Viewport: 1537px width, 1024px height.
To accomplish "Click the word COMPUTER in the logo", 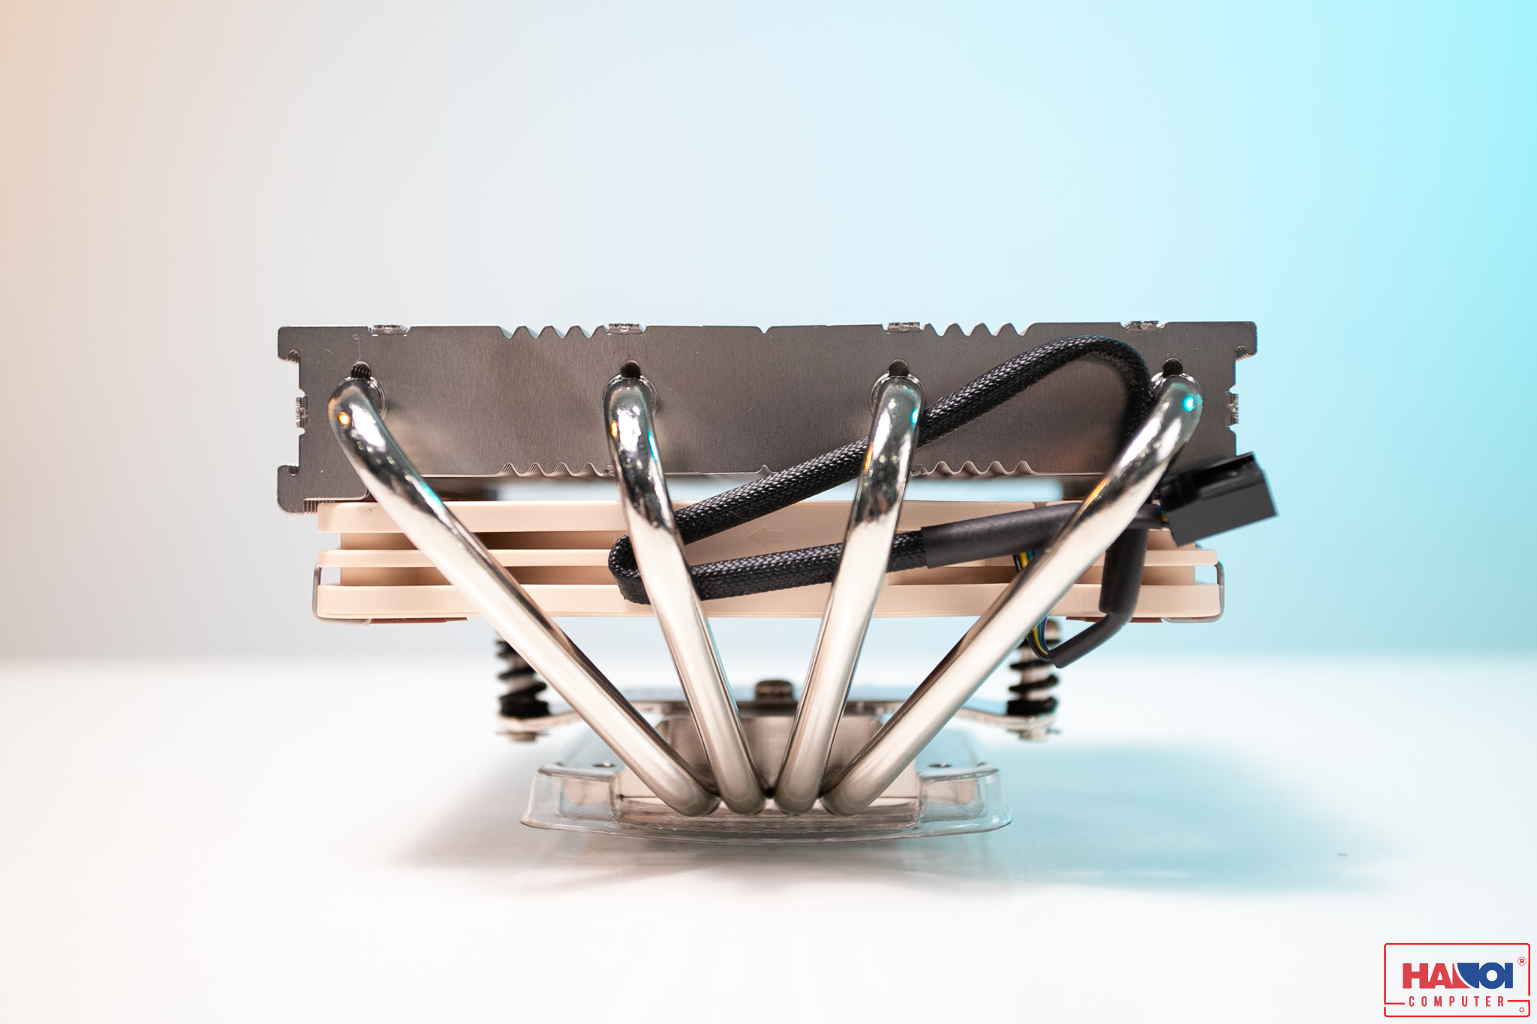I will click(1456, 1001).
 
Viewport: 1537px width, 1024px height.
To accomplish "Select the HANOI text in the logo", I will click(1456, 976).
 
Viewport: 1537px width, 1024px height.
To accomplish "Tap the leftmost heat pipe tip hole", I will click(361, 370).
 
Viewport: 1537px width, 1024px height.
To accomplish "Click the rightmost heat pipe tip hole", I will click(1172, 367).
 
